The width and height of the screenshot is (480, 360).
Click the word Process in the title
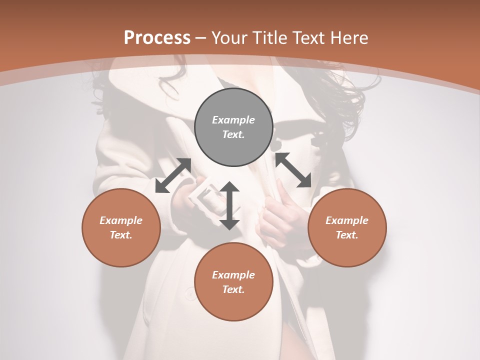click(x=157, y=38)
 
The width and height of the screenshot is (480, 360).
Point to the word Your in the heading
click(x=228, y=38)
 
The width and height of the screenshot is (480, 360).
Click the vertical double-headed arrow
click(x=229, y=205)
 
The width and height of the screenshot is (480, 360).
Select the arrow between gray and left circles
click(x=173, y=175)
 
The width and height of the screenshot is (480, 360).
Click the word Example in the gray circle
click(x=233, y=120)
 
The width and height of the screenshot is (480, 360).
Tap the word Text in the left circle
click(x=121, y=235)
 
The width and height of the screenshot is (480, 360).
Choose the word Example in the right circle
click(x=347, y=220)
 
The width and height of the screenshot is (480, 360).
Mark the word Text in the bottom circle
click(x=233, y=289)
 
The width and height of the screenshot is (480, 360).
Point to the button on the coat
click(x=190, y=294)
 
